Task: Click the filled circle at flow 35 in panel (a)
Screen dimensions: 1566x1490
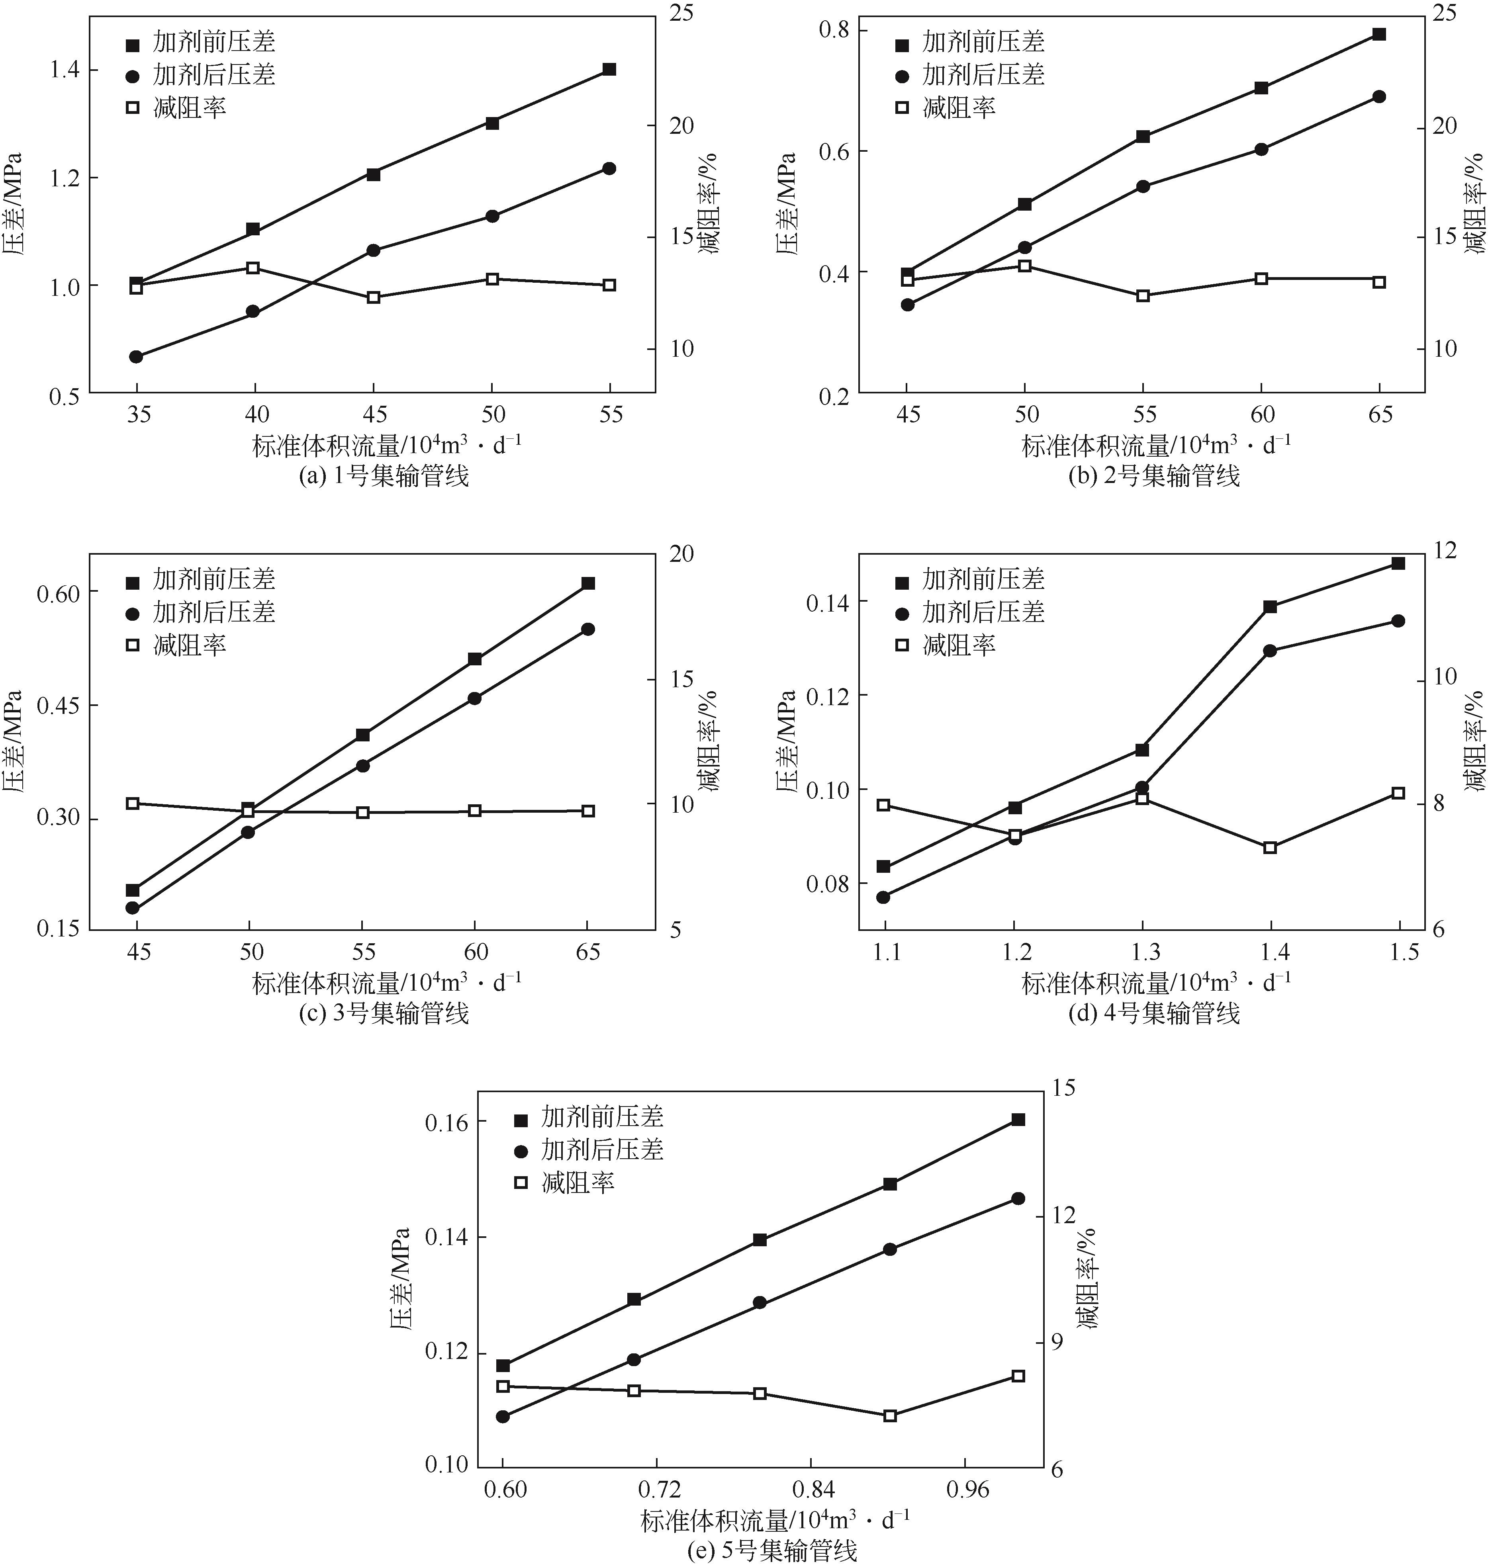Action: (x=136, y=356)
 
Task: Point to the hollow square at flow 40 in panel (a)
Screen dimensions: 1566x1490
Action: (x=253, y=268)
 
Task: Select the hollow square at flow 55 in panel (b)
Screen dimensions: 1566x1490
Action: (x=1143, y=295)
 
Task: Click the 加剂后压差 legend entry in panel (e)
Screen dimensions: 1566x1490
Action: (x=601, y=1150)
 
